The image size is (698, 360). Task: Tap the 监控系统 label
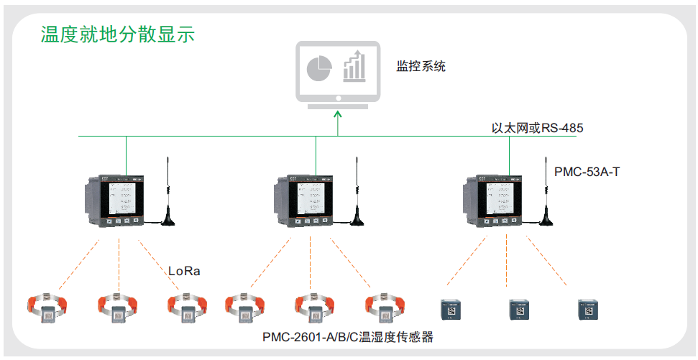point(421,67)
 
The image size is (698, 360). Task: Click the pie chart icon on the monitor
point(319,68)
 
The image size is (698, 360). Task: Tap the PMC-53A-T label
point(587,172)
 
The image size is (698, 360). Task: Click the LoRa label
point(184,271)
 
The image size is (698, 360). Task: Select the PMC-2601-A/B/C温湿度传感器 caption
point(348,336)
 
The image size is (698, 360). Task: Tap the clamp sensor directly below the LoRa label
point(187,307)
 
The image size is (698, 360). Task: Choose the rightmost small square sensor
point(587,310)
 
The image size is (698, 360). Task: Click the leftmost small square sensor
point(451,310)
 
